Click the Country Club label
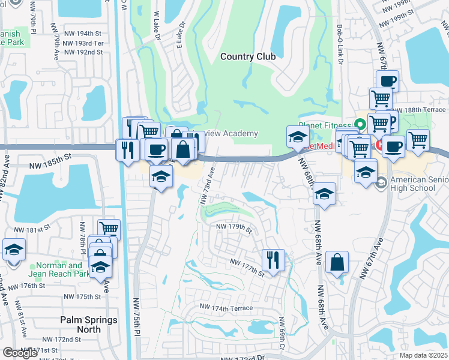pyautogui.click(x=248, y=56)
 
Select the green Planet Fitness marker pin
pyautogui.click(x=360, y=125)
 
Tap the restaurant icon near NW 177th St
pyautogui.click(x=273, y=260)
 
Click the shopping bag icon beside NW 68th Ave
pyautogui.click(x=337, y=262)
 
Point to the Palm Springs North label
pyautogui.click(x=89, y=320)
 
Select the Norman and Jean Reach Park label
pyautogui.click(x=59, y=269)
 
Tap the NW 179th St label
pyautogui.click(x=234, y=227)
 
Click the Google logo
pyautogui.click(x=20, y=353)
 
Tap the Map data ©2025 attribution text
pyautogui.click(x=423, y=355)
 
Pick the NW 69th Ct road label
pyautogui.click(x=281, y=338)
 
